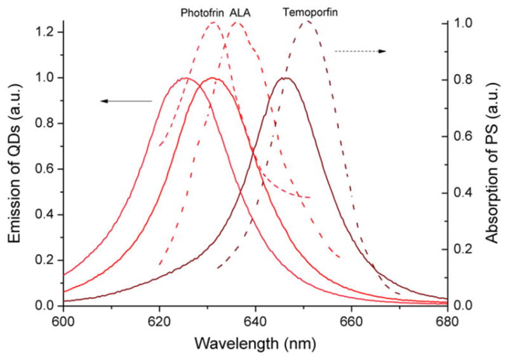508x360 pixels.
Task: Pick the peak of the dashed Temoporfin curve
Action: [308, 21]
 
